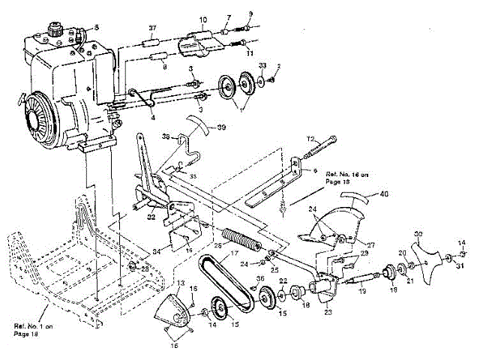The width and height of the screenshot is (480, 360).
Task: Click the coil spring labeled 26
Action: [x=239, y=244]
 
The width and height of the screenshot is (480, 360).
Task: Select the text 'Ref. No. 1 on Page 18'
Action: [x=33, y=329]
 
